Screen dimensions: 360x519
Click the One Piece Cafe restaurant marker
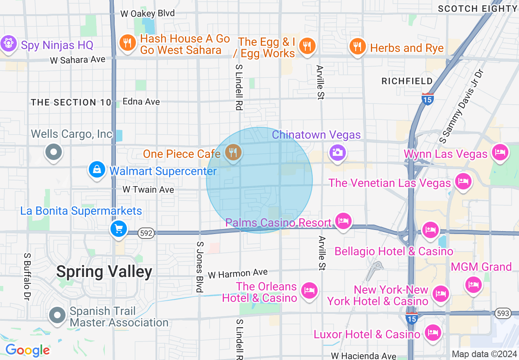(233, 153)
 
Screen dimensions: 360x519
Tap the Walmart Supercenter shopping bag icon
(97, 169)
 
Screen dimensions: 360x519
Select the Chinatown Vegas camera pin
(337, 153)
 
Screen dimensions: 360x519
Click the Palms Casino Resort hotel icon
(343, 221)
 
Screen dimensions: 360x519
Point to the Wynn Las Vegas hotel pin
(500, 152)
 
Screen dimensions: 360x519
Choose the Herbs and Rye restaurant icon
(357, 46)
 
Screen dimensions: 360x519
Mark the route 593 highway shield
(503, 313)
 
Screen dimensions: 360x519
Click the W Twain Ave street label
(148, 190)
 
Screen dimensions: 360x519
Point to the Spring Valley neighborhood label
(104, 272)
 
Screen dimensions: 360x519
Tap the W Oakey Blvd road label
(147, 13)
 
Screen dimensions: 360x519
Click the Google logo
(27, 350)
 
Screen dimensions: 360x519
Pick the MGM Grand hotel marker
(474, 283)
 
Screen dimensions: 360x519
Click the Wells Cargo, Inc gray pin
(54, 152)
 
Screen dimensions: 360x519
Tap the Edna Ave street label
(141, 101)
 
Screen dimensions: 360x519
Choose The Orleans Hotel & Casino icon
(309, 291)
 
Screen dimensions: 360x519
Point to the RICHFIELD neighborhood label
(407, 81)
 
